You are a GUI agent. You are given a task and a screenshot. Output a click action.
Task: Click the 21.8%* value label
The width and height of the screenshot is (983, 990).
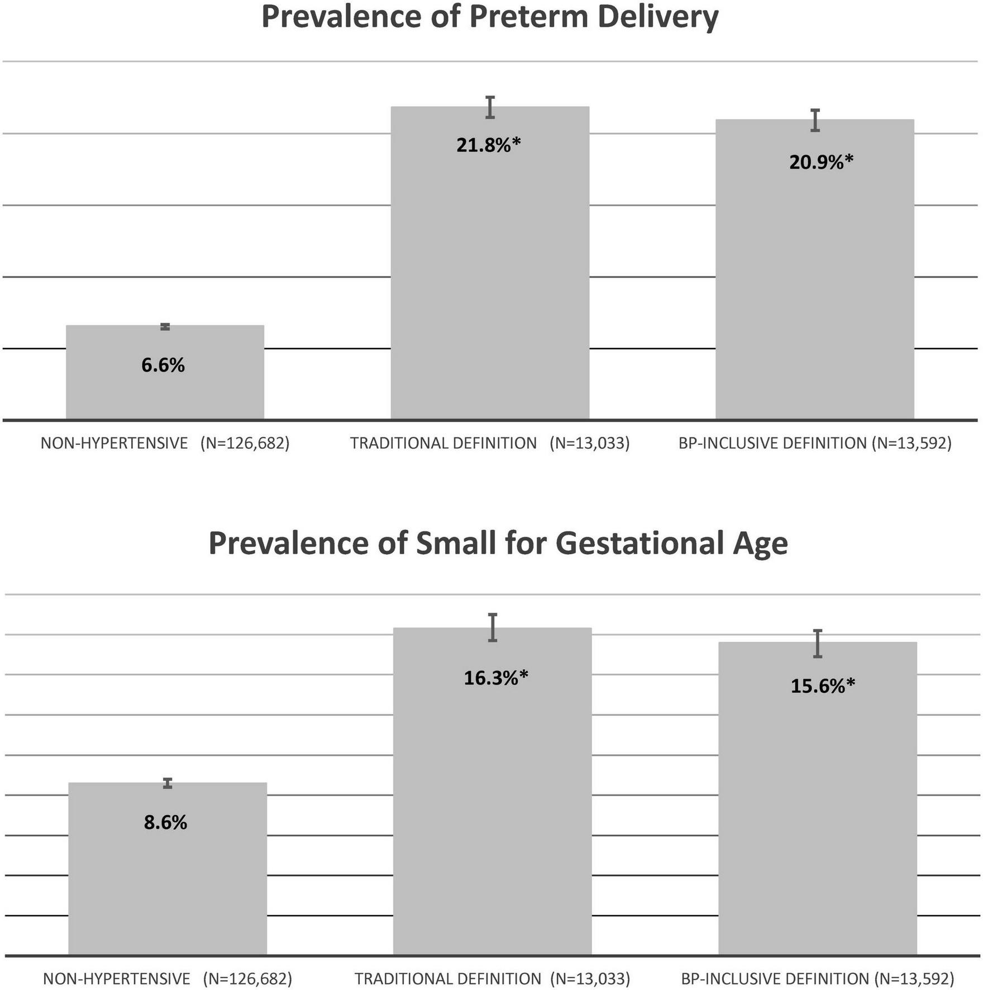(x=488, y=145)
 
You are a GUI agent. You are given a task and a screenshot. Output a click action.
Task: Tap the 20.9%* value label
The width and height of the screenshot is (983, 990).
(x=821, y=162)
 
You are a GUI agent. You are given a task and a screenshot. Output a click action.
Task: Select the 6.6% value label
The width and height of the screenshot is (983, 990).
(x=163, y=365)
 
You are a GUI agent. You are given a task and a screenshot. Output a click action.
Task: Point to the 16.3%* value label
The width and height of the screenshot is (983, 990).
(x=495, y=678)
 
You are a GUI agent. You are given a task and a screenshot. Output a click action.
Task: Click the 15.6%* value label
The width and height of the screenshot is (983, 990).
(x=822, y=686)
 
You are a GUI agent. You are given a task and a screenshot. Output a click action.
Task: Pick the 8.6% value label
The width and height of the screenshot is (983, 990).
(x=165, y=822)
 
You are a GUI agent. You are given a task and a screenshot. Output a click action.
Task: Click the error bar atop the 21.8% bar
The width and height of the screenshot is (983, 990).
(x=490, y=107)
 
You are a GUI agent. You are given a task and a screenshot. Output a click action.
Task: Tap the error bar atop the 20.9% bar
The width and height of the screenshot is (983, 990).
(x=815, y=120)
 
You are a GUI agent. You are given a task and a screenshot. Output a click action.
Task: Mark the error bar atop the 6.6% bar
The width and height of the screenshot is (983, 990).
(x=165, y=326)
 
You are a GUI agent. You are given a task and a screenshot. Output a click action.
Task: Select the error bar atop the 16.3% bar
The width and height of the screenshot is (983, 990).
(x=493, y=627)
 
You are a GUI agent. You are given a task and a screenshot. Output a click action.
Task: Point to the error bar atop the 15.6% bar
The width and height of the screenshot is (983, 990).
(x=818, y=644)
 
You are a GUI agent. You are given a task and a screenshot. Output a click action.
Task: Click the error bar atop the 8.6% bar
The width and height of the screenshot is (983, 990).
(x=168, y=783)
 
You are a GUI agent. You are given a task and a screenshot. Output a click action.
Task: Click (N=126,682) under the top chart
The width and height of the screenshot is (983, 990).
(x=245, y=443)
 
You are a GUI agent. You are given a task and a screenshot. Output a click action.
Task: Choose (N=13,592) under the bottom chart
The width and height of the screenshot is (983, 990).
(x=914, y=978)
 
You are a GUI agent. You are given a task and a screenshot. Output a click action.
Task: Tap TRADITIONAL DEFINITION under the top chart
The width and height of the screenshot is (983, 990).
(x=443, y=443)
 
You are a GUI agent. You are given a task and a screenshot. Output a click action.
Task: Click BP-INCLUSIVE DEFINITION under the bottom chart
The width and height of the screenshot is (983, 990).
(x=775, y=978)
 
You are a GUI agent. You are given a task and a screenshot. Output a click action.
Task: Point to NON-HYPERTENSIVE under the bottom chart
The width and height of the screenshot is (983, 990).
(x=117, y=978)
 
